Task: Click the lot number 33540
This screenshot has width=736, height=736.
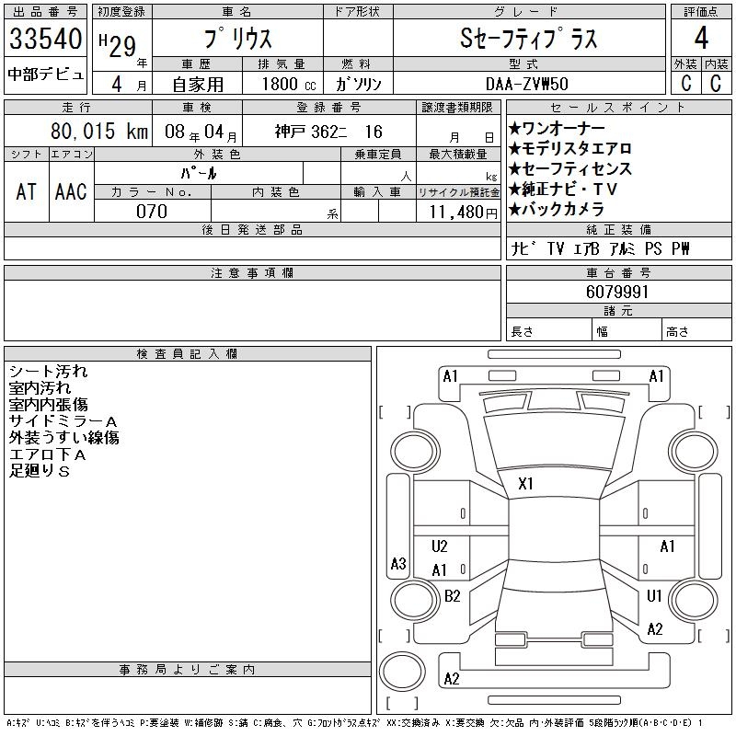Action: click(x=45, y=40)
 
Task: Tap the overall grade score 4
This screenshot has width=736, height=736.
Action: click(x=701, y=40)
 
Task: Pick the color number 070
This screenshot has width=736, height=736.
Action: click(x=152, y=212)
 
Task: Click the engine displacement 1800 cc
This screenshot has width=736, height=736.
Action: click(x=289, y=84)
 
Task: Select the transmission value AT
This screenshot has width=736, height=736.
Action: click(x=26, y=191)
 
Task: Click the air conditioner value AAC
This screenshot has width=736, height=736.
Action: click(x=71, y=191)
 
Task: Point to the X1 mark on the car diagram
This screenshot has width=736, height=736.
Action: click(x=526, y=483)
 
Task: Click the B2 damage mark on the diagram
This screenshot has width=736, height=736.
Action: click(x=452, y=596)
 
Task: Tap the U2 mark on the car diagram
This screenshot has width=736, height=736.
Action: click(x=439, y=546)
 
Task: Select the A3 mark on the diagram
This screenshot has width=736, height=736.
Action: click(x=398, y=564)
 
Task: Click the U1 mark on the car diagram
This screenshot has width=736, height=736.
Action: click(x=654, y=596)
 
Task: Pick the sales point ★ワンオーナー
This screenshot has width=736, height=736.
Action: click(x=557, y=128)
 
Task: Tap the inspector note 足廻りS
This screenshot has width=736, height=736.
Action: click(x=40, y=471)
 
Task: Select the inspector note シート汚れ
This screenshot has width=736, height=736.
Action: click(x=48, y=372)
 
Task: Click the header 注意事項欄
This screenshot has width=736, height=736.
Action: click(x=252, y=273)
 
